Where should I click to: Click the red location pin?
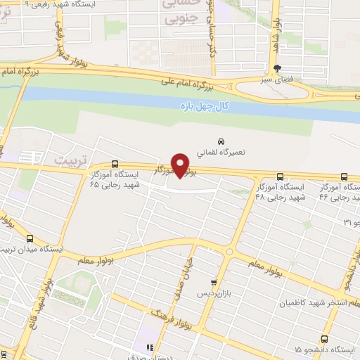coord(181,164)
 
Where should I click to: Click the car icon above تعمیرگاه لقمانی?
coord(221,139)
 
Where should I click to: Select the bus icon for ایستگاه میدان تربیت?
coord(31,238)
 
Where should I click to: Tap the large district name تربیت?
coord(71,160)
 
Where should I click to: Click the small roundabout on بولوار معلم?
coord(229,251)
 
